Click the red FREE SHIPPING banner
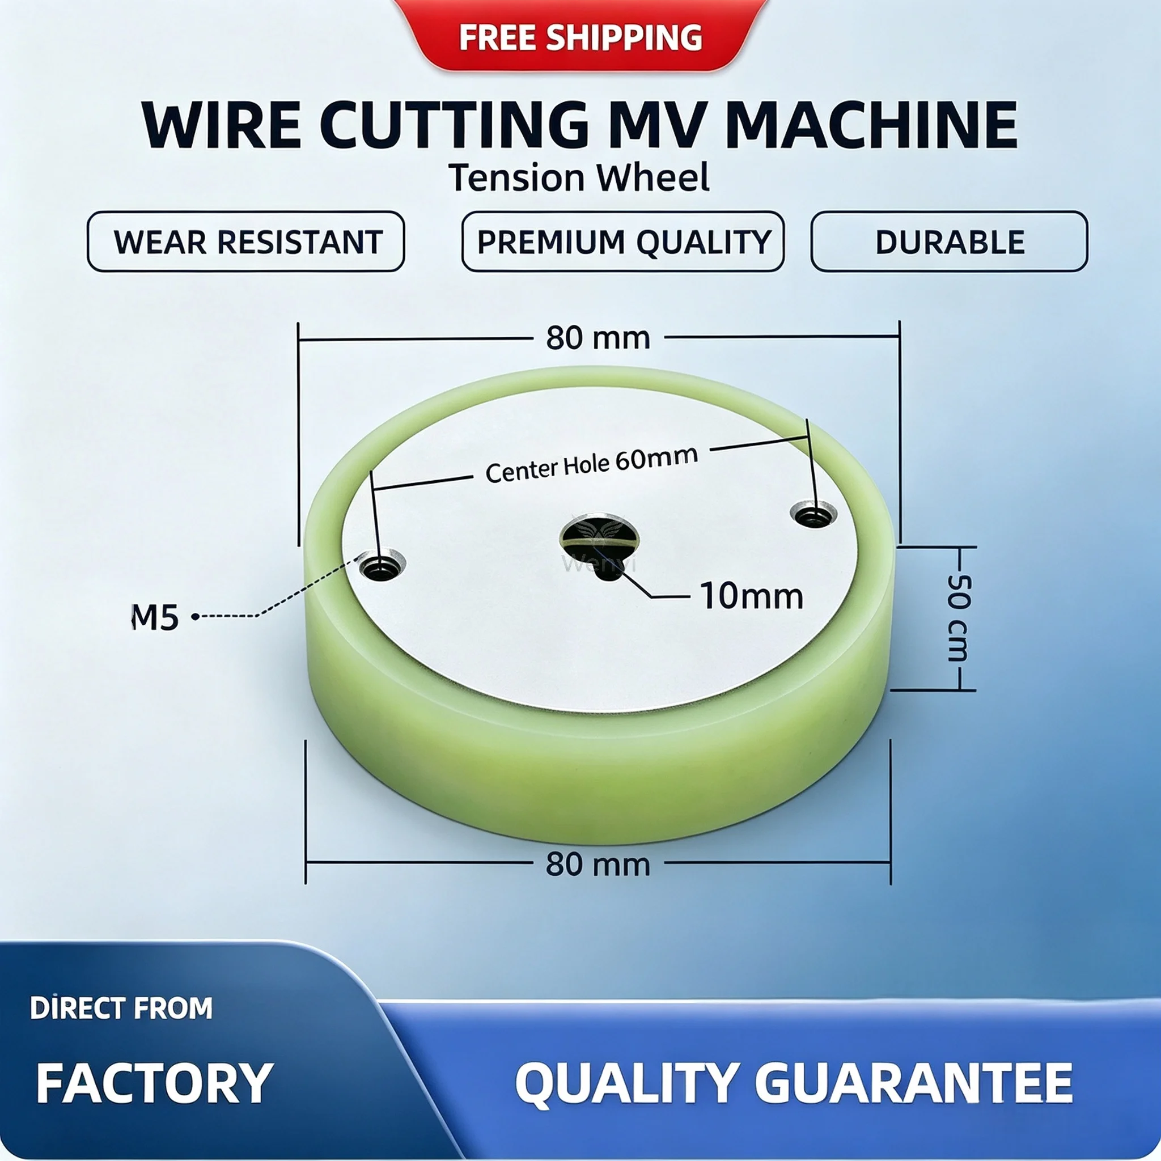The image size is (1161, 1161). [x=580, y=36]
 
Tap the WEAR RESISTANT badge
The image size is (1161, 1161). [x=246, y=241]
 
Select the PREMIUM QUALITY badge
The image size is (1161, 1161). [x=623, y=241]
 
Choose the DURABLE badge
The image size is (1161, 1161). [x=950, y=241]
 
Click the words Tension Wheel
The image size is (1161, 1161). [x=579, y=178]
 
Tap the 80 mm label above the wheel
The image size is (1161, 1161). [x=598, y=338]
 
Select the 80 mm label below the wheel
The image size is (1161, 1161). [x=598, y=865]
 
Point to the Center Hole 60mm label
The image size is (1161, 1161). [x=592, y=464]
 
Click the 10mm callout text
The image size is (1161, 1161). [x=752, y=596]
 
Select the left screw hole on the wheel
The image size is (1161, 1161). [x=382, y=565]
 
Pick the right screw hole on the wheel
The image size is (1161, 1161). [x=813, y=515]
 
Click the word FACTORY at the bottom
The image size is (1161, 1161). [x=155, y=1083]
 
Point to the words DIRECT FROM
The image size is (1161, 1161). [x=121, y=1009]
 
